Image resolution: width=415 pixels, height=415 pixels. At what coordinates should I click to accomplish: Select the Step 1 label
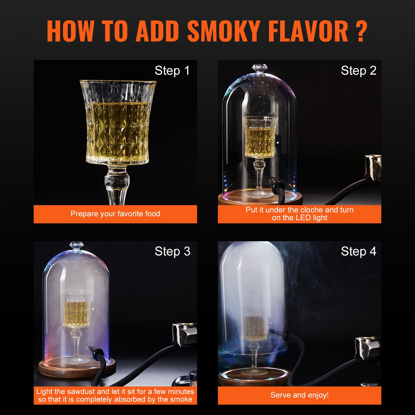172,71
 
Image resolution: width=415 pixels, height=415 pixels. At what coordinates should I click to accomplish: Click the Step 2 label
358,71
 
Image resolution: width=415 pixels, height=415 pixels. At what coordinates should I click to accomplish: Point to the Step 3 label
172,252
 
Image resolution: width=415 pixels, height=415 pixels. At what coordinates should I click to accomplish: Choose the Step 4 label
358,252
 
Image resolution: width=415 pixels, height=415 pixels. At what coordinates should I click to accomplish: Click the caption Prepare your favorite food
115,214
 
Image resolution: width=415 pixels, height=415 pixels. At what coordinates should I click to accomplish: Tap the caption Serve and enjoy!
299,395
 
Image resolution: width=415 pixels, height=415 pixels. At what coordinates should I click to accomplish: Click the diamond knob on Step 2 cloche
260,68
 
